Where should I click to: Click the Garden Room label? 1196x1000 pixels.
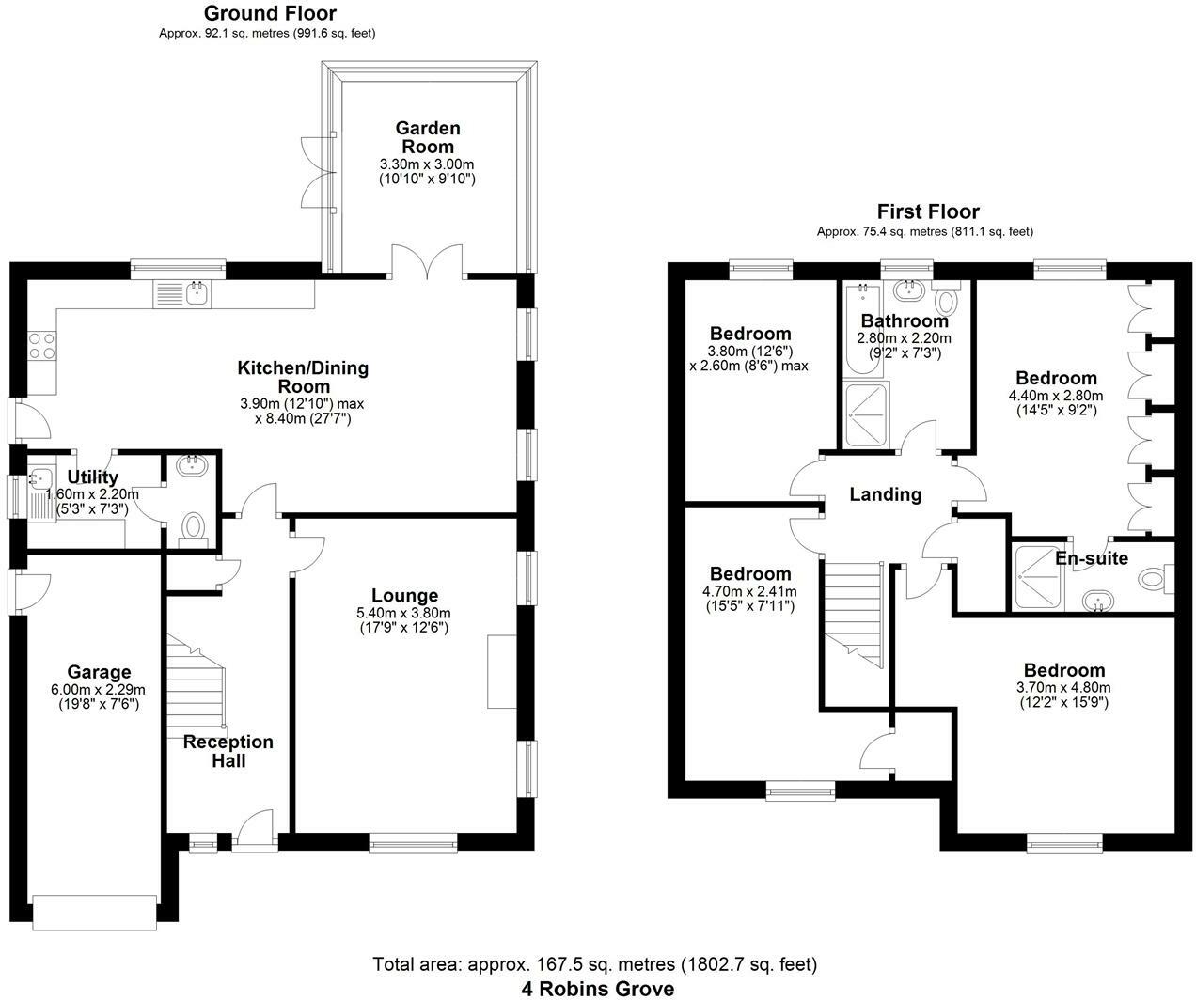pyautogui.click(x=427, y=137)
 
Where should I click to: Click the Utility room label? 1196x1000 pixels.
pyautogui.click(x=93, y=477)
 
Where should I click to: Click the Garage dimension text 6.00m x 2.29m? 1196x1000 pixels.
pyautogui.click(x=98, y=690)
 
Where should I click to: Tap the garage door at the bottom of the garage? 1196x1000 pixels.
pyautogui.click(x=95, y=913)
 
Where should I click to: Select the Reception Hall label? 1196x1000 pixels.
pyautogui.click(x=228, y=751)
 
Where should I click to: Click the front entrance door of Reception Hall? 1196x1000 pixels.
pyautogui.click(x=256, y=831)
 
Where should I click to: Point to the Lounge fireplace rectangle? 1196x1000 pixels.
pyautogui.click(x=502, y=671)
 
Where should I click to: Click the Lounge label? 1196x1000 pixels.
pyautogui.click(x=404, y=595)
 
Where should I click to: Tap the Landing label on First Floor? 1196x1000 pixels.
pyautogui.click(x=885, y=494)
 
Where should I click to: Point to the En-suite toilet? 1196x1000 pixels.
pyautogui.click(x=1156, y=578)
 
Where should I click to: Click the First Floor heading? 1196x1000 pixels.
pyautogui.click(x=928, y=211)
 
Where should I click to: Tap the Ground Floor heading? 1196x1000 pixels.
pyautogui.click(x=270, y=12)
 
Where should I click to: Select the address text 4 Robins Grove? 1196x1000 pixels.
pyautogui.click(x=597, y=989)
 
